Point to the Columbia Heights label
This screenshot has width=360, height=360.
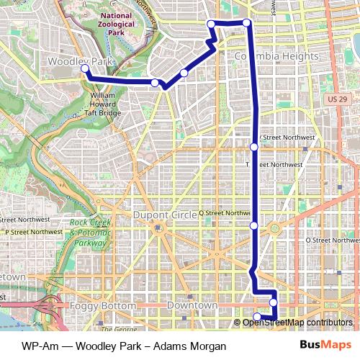pos(277,56)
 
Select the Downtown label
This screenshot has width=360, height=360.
pos(192,306)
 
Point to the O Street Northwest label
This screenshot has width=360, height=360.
pos(331,240)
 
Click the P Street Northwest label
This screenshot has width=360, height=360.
pos(34,232)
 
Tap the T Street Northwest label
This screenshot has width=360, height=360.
pos(278,164)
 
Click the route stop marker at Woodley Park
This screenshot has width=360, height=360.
pos(85,69)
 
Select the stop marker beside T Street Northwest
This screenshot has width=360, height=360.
pos(253,147)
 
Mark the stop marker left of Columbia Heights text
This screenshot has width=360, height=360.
pos(212,24)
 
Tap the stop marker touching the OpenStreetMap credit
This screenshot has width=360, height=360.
pos(257,316)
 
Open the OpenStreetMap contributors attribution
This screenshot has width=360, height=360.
pos(297,322)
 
